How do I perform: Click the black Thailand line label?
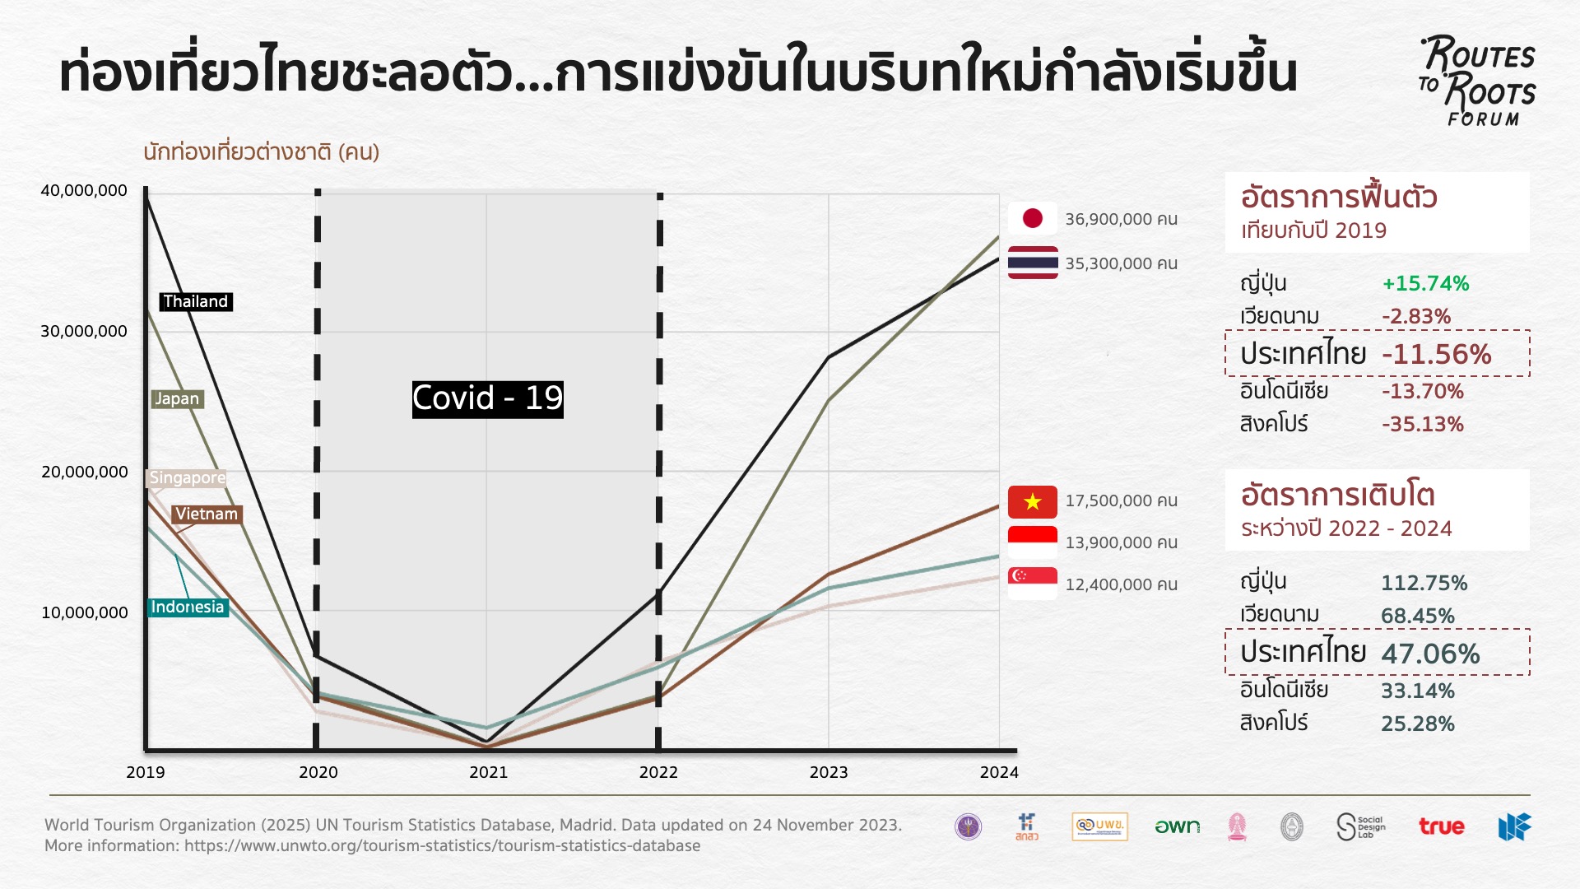point(196,302)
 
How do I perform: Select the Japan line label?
point(177,399)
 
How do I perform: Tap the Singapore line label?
point(187,478)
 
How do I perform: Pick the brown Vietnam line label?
point(207,514)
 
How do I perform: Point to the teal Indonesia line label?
point(188,607)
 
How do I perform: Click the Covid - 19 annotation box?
point(487,399)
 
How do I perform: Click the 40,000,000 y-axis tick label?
point(84,191)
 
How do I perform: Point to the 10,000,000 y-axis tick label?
point(84,613)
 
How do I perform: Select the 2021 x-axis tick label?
point(488,773)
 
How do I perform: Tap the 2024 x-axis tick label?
point(999,773)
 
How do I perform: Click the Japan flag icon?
point(1032,218)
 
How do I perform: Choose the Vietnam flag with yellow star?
point(1032,501)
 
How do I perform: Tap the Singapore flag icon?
point(1032,584)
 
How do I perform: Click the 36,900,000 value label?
point(1121,220)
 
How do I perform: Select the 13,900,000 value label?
point(1121,543)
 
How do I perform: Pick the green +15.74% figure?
point(1425,284)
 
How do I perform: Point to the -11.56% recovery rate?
point(1436,355)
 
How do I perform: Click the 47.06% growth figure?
point(1430,654)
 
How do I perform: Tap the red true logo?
point(1441,827)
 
